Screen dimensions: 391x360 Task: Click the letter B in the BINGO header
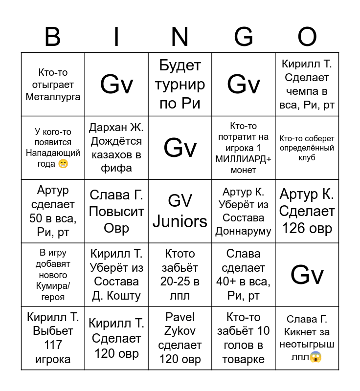click(52, 37)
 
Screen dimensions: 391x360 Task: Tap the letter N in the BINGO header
click(180, 37)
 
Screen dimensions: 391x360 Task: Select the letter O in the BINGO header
click(307, 37)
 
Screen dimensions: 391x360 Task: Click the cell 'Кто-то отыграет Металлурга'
click(53, 85)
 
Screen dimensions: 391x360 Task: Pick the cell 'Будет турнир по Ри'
click(180, 85)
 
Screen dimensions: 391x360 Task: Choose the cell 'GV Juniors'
click(180, 211)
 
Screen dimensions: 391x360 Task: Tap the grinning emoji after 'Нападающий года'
click(63, 164)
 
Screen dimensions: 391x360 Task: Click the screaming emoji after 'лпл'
click(316, 358)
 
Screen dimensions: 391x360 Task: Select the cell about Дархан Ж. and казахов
click(116, 148)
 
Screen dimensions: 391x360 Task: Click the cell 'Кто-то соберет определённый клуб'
click(307, 148)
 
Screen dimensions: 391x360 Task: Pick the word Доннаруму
click(243, 231)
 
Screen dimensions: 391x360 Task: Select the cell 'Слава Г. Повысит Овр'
click(116, 211)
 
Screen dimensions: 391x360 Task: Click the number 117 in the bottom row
click(53, 345)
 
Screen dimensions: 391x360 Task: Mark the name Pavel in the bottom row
click(180, 317)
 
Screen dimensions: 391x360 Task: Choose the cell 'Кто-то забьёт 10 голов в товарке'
click(243, 338)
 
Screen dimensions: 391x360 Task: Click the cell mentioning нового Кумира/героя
click(53, 275)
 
